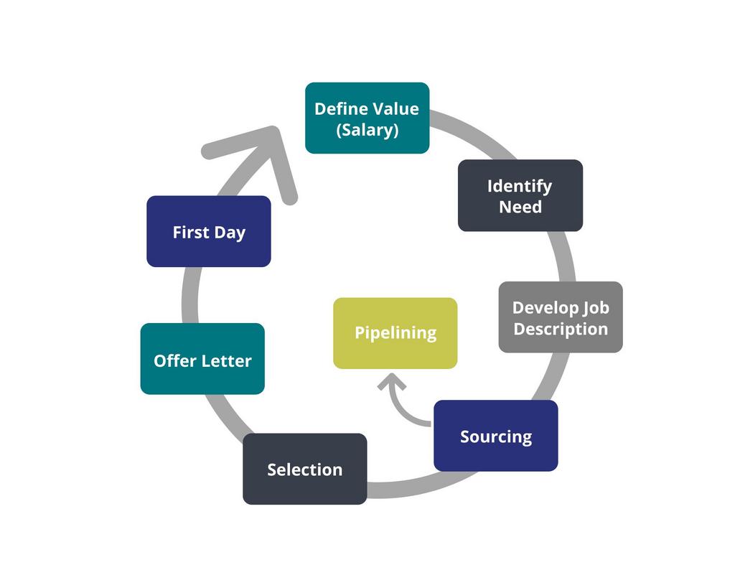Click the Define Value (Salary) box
[367, 118]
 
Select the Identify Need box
[520, 195]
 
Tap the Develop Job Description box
[560, 317]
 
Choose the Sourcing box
[495, 436]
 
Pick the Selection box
[304, 469]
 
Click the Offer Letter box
[202, 359]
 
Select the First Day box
[208, 231]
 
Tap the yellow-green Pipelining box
[395, 333]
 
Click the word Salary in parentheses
[367, 131]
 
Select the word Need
[520, 207]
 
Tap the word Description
[561, 329]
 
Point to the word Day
[230, 233]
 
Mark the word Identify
[520, 186]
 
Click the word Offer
[174, 360]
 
